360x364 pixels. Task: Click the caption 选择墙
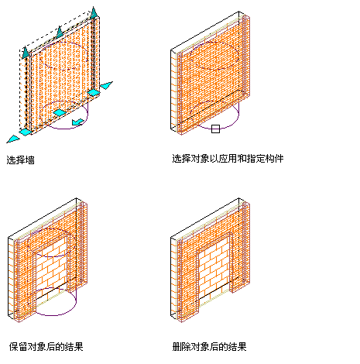pos(20,160)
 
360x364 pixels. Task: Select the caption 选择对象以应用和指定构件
pos(228,159)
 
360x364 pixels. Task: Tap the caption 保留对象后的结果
pos(46,347)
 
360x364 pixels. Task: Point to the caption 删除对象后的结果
pos(209,347)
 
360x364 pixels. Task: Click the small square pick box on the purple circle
pos(215,129)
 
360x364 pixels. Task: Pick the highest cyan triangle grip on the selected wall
pos(94,12)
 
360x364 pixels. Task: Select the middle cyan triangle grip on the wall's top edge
pos(60,31)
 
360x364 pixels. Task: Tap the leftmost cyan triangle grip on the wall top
pos(25,52)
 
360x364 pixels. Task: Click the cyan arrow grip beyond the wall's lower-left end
pos(13,139)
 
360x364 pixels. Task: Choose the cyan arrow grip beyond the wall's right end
pos(106,85)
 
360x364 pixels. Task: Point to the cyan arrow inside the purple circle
pos(77,122)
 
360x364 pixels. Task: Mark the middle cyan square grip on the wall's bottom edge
pos(60,112)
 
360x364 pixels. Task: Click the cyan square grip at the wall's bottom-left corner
pos(26,132)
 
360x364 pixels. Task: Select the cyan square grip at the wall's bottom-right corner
pos(94,92)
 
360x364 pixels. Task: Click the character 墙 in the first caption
pos(30,160)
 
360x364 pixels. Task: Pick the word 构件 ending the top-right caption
pos(275,159)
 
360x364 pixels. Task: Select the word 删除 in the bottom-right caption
pos(181,347)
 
